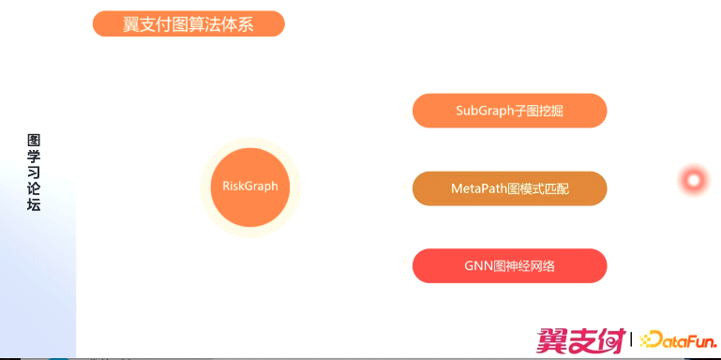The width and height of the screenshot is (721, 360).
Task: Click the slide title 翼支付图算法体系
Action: click(x=188, y=24)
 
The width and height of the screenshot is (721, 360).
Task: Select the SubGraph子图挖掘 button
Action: click(x=509, y=111)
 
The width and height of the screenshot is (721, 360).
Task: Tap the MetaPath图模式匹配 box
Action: click(x=509, y=188)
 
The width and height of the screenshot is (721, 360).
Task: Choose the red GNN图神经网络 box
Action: click(x=509, y=265)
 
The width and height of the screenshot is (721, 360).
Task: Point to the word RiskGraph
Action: click(x=250, y=187)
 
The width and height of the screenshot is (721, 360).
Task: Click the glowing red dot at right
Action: click(x=694, y=180)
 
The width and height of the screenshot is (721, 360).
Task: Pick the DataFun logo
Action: click(x=677, y=338)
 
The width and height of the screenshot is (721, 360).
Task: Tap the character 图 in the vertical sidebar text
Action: click(x=34, y=141)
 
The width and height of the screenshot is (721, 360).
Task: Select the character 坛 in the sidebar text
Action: click(x=34, y=204)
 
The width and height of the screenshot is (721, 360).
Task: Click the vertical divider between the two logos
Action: click(x=631, y=338)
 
